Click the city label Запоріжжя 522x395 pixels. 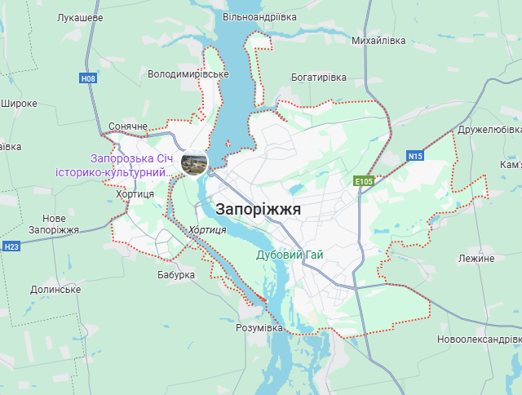pos(259,209)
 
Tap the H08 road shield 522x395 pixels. pos(89,78)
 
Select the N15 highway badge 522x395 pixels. pos(415,156)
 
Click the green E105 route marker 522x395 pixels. pos(364,180)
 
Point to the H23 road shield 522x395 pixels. pos(11,246)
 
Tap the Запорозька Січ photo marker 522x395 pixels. pos(194,163)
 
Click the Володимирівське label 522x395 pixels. pos(188,74)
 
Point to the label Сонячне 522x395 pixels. pos(128,127)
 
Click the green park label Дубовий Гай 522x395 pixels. pos(290,255)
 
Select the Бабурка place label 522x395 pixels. pos(176,275)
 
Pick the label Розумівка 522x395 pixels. pos(259,327)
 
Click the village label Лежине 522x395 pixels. pos(476,258)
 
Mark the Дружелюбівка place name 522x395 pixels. pos(489,130)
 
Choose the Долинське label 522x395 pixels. pos(55,290)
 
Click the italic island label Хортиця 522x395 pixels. pos(207,230)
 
